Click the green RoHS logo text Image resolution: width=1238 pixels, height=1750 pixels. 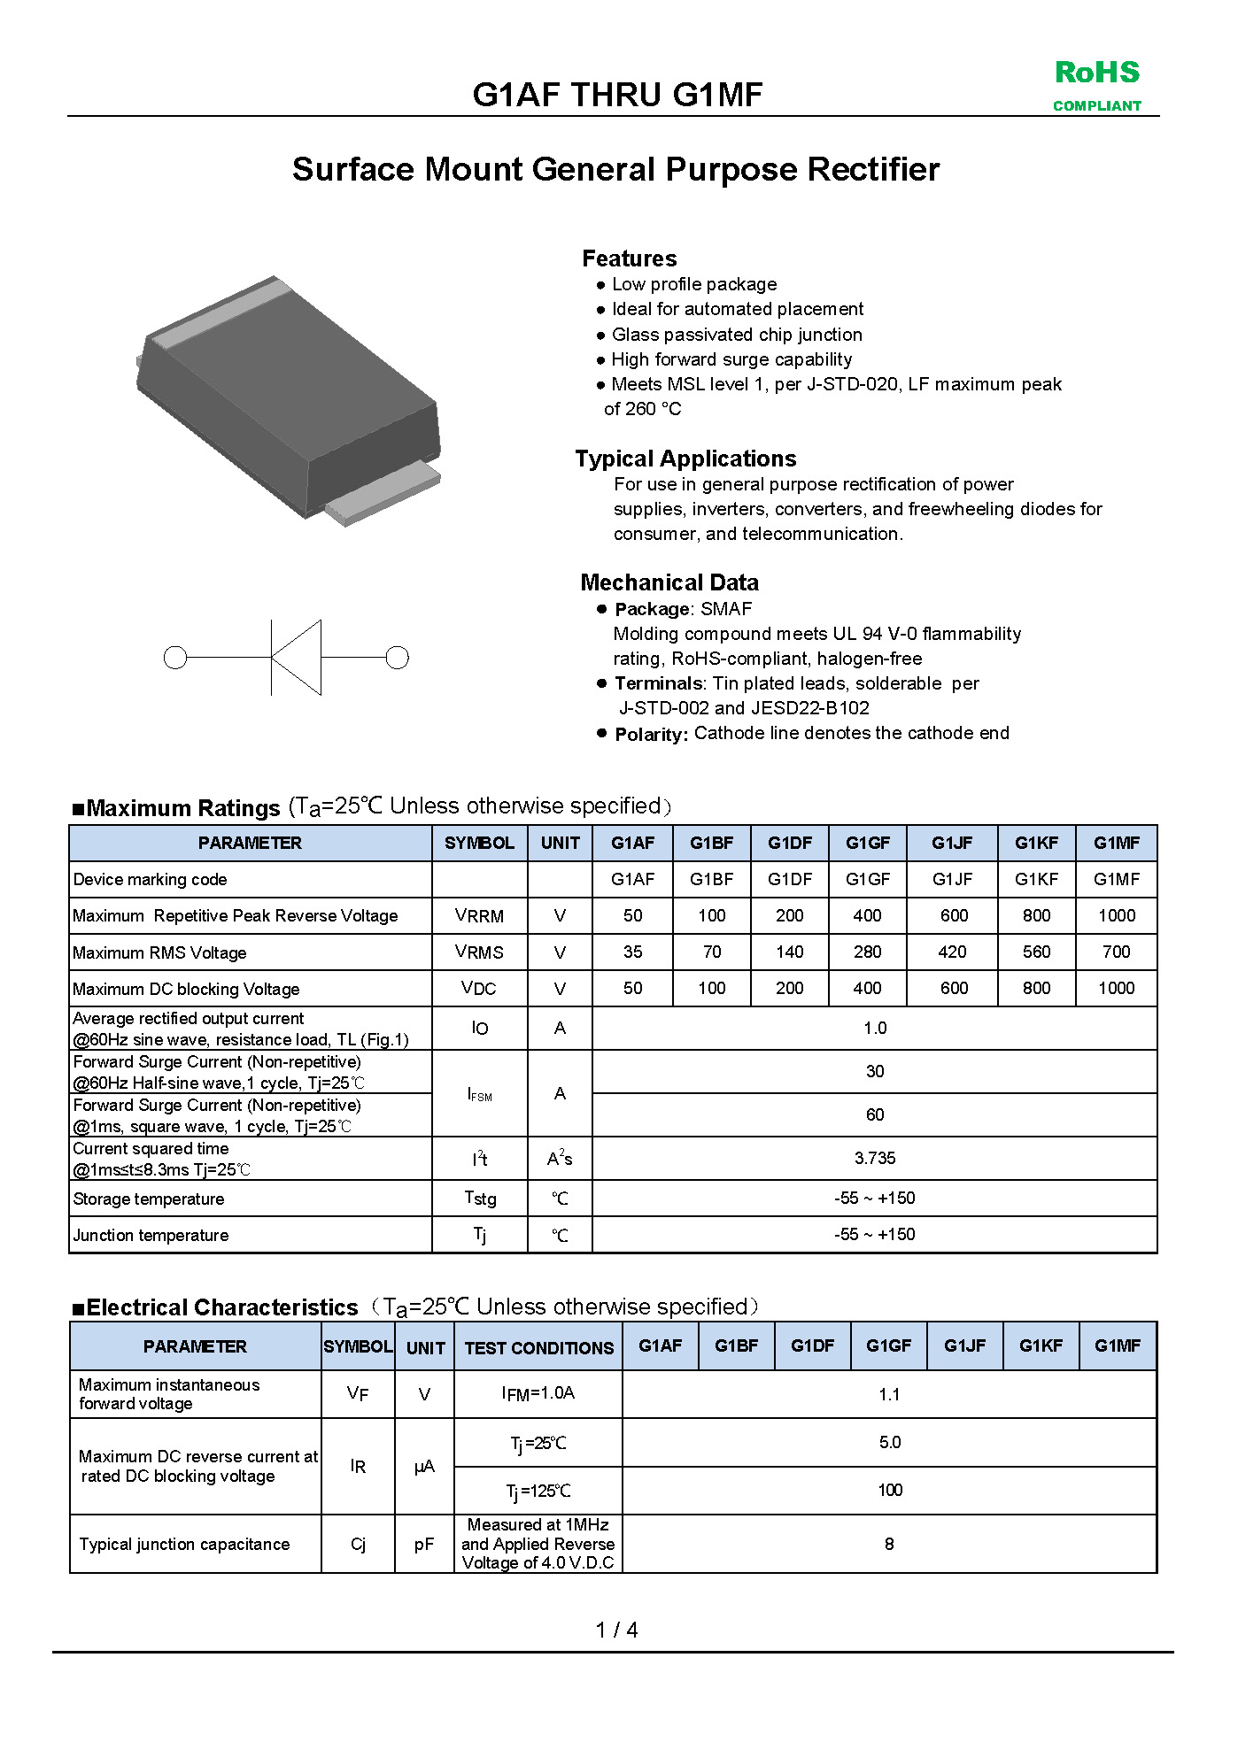point(1096,73)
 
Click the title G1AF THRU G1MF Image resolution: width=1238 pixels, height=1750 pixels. point(617,95)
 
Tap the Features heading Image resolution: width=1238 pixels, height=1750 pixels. point(629,258)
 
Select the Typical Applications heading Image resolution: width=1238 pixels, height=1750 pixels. point(685,459)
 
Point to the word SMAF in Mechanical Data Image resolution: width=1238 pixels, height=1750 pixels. point(726,609)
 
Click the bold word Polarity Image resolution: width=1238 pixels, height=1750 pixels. point(651,734)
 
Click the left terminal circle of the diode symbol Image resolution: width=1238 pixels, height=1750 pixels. point(175,658)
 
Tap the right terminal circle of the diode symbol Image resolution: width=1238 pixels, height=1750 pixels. point(398,658)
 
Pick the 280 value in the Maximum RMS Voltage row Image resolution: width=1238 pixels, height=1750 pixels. point(867,952)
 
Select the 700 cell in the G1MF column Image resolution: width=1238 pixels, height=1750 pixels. point(1116,952)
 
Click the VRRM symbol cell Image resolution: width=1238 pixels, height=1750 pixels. point(479,916)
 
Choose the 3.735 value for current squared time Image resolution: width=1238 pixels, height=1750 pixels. point(874,1159)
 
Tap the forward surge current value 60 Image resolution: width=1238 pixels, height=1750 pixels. point(874,1115)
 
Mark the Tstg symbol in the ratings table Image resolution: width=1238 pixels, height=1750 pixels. point(479,1199)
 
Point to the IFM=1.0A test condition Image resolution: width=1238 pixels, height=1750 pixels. point(538,1393)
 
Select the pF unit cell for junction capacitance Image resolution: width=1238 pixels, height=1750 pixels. point(424,1545)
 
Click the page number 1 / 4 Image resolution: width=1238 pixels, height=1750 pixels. point(617,1630)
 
